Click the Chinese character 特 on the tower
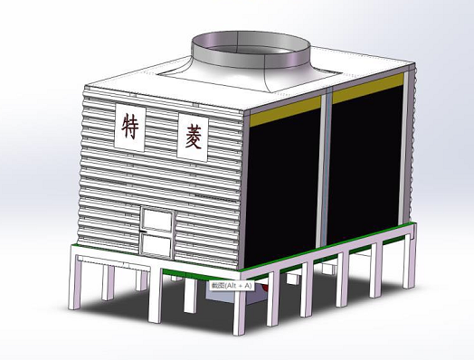coord(132,126)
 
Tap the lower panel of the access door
coord(157,242)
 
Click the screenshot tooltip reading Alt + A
coord(232,284)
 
